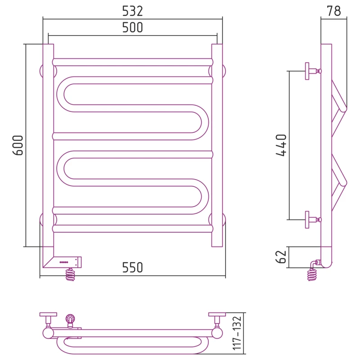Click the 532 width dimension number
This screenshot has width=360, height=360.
point(132,11)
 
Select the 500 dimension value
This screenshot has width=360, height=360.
point(132,27)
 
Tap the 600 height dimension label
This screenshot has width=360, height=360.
point(18,145)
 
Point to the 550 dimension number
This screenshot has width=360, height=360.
point(132,267)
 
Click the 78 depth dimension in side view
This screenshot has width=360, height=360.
point(334,11)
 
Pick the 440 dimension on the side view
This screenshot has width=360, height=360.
point(281,145)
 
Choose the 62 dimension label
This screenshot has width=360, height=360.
point(281,256)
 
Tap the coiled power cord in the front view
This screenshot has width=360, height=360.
point(70,275)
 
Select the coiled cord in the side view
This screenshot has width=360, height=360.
point(312,275)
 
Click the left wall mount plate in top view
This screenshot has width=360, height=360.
point(48,314)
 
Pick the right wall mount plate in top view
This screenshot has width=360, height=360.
point(217,314)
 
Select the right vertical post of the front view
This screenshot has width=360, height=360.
point(217,145)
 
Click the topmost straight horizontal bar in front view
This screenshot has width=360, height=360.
point(133,62)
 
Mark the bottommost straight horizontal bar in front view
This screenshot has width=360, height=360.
point(133,229)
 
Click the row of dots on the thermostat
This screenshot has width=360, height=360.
point(64,262)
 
